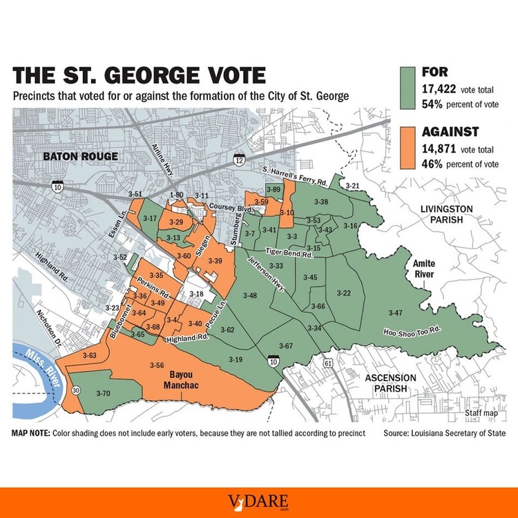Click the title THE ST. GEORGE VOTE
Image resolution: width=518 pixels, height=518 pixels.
click(x=138, y=74)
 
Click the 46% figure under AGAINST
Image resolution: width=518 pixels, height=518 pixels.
click(x=434, y=164)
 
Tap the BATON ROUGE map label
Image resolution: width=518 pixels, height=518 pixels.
click(x=80, y=156)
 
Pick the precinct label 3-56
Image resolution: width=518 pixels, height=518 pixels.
click(x=156, y=365)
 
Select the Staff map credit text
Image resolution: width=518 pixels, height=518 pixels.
click(x=481, y=413)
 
